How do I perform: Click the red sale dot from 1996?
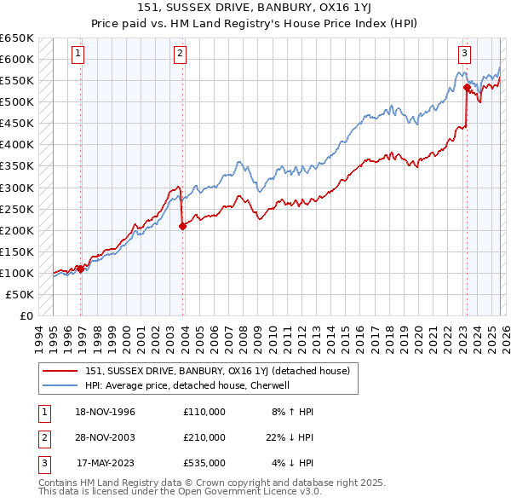click(x=81, y=269)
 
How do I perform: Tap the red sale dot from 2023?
click(x=467, y=87)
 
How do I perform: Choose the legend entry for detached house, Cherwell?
click(x=187, y=384)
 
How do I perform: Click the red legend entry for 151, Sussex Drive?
click(x=217, y=371)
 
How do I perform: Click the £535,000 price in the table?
click(x=204, y=463)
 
